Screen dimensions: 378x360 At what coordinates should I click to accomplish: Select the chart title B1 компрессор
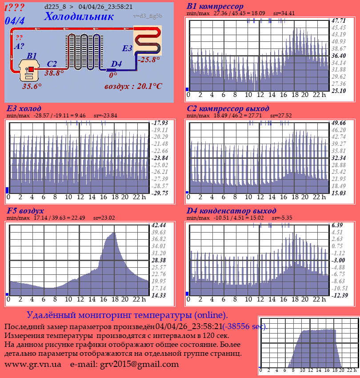coord(215,7)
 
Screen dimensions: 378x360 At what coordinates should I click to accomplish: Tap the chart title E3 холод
coord(24,109)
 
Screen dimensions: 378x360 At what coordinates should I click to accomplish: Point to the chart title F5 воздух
coord(25,210)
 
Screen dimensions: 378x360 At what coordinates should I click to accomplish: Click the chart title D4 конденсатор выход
coord(231,210)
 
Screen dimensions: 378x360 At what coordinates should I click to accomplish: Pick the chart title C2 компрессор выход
coord(228,109)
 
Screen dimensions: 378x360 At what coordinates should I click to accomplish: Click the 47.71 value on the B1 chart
coord(339,20)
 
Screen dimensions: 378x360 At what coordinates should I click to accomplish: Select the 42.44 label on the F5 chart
coord(159,225)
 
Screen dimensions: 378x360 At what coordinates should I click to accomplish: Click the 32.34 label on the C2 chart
coord(339,157)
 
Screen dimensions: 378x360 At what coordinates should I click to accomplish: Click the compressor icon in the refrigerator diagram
coord(30,70)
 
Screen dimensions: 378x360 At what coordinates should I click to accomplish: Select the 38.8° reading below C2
coord(54,73)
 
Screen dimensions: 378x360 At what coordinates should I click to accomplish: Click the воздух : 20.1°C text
coord(133,86)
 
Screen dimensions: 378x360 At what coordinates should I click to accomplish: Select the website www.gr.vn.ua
coord(33,364)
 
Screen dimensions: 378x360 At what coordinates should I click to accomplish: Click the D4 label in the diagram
coord(116,64)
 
